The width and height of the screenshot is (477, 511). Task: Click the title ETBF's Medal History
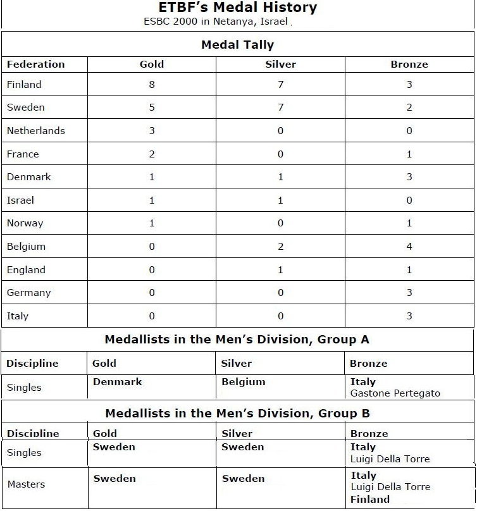pyautogui.click(x=237, y=8)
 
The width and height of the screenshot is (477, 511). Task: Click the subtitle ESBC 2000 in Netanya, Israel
pyautogui.click(x=216, y=22)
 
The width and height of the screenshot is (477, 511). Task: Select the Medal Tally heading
pyautogui.click(x=237, y=45)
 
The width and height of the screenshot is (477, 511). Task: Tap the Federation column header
pyautogui.click(x=35, y=64)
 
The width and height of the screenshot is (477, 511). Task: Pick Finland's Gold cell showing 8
pyautogui.click(x=152, y=84)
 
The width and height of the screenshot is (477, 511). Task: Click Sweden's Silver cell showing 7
pyautogui.click(x=281, y=108)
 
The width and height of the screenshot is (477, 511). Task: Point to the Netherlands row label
pyautogui.click(x=36, y=131)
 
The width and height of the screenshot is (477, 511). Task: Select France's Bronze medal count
pyautogui.click(x=409, y=154)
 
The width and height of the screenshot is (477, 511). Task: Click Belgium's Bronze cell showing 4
pyautogui.click(x=409, y=246)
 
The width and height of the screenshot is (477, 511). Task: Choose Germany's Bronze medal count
pyautogui.click(x=409, y=293)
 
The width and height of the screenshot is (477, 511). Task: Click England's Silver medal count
pyautogui.click(x=281, y=269)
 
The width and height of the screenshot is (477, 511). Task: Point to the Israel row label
pyautogui.click(x=20, y=200)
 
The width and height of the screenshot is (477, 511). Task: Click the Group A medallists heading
pyautogui.click(x=237, y=340)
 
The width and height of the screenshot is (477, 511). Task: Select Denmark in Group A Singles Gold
pyautogui.click(x=118, y=382)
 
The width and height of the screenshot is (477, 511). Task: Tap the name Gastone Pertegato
pyautogui.click(x=395, y=393)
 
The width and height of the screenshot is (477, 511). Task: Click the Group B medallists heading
pyautogui.click(x=237, y=414)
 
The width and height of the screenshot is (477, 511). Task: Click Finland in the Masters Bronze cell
pyautogui.click(x=370, y=500)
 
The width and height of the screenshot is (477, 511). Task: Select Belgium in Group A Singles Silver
pyautogui.click(x=244, y=382)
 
